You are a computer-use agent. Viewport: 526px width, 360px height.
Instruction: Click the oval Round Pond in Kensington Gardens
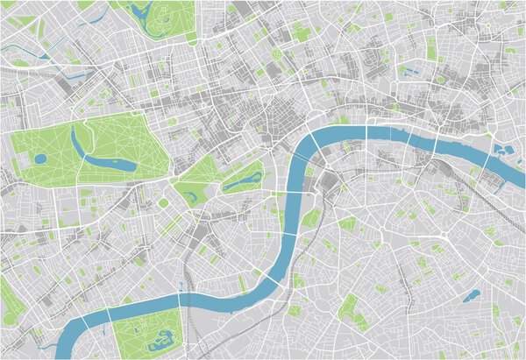pos(41,159)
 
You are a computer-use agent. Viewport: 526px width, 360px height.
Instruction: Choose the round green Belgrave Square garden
pos(163,203)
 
